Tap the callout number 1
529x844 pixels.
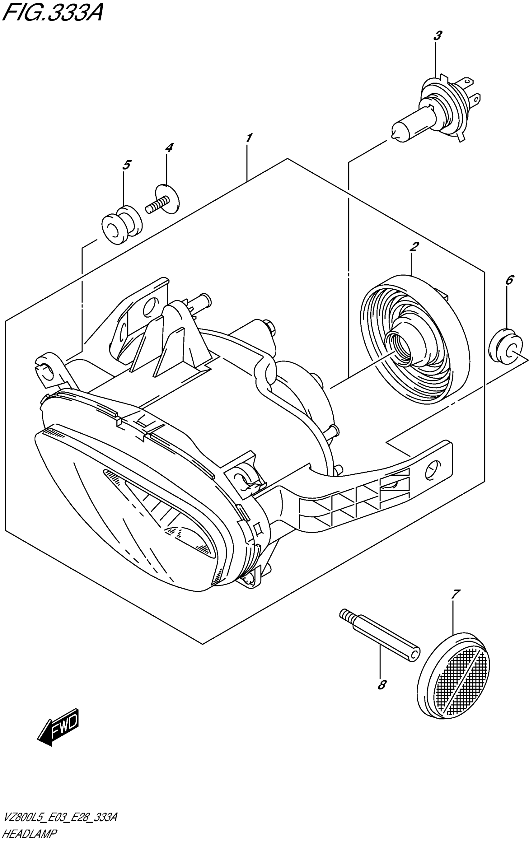(248, 138)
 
